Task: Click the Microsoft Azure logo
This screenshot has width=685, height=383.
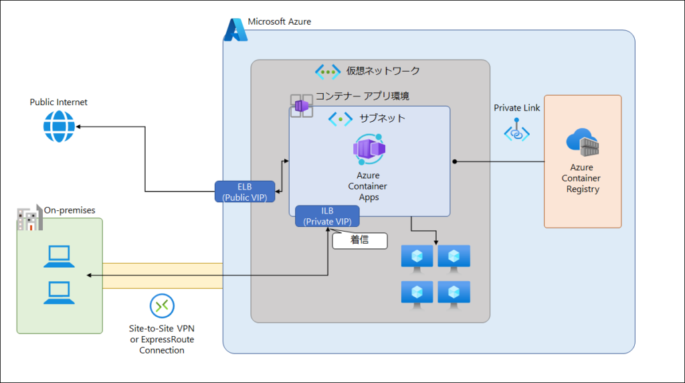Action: tap(235, 30)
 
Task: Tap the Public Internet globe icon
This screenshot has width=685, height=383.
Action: tap(59, 126)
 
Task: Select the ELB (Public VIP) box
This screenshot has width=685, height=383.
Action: tap(245, 191)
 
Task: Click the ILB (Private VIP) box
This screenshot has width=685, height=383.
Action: tap(327, 216)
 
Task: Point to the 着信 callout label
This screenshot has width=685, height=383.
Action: tap(359, 240)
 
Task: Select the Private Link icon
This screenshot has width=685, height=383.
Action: tap(516, 130)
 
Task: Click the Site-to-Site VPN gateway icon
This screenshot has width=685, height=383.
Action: tap(162, 306)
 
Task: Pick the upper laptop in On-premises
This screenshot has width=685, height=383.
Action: tap(58, 256)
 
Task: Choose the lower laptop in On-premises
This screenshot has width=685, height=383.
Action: tap(58, 292)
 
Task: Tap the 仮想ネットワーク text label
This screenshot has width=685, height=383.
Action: tap(383, 71)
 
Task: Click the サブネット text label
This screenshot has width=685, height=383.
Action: tap(382, 119)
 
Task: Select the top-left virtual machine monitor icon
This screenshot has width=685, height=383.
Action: tap(417, 256)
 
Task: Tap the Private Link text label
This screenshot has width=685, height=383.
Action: tap(516, 108)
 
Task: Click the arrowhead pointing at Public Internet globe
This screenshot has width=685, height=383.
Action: tap(80, 126)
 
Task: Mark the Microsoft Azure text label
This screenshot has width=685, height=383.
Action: tap(279, 22)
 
